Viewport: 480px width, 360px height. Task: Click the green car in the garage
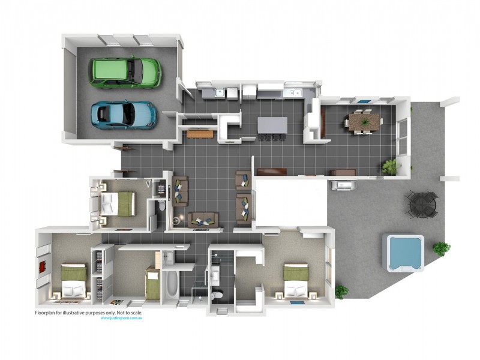pyautogui.click(x=125, y=72)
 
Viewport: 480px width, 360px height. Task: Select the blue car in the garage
pyautogui.click(x=124, y=114)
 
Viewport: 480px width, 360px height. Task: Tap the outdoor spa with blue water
pyautogui.click(x=404, y=252)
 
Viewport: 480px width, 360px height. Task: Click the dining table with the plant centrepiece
pyautogui.click(x=364, y=122)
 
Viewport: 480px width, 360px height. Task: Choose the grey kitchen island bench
pyautogui.click(x=272, y=124)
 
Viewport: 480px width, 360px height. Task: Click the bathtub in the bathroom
pyautogui.click(x=170, y=285)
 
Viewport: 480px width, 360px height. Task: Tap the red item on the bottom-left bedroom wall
pyautogui.click(x=43, y=266)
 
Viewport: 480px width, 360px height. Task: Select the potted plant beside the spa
pyautogui.click(x=442, y=247)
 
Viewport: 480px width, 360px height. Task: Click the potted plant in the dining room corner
pyautogui.click(x=391, y=166)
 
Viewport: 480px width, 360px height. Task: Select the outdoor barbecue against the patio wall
pyautogui.click(x=344, y=184)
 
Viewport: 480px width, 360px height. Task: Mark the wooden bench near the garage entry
pyautogui.click(x=200, y=133)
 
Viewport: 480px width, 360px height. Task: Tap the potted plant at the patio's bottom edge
pyautogui.click(x=341, y=292)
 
